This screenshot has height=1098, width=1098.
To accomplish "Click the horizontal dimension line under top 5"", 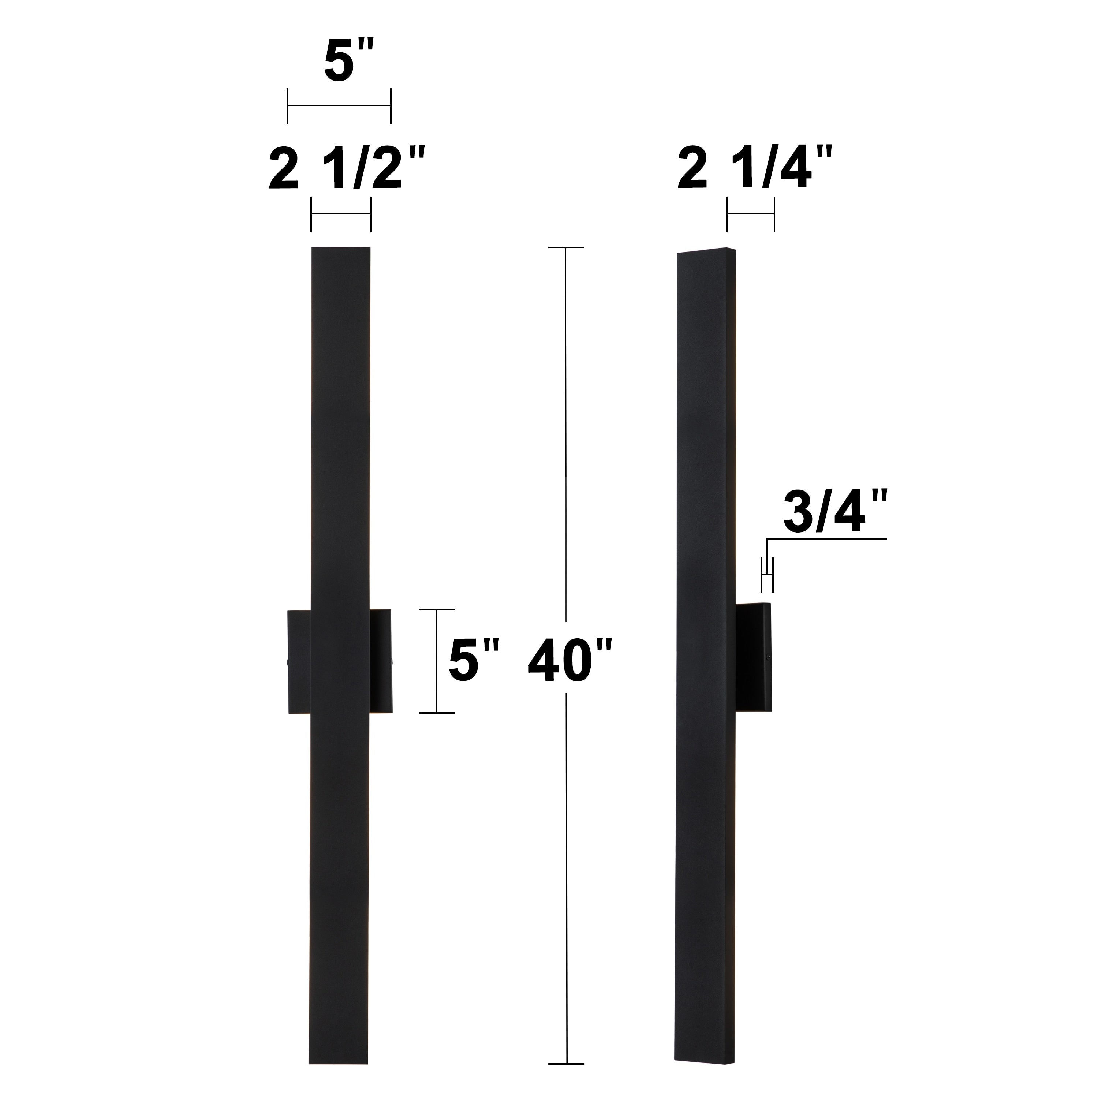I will [x=339, y=106].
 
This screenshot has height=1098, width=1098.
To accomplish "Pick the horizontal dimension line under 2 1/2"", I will [x=341, y=214].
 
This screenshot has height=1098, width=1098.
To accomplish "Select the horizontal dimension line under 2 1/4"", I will [x=750, y=214].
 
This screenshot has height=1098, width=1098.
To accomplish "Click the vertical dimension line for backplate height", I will [x=437, y=660].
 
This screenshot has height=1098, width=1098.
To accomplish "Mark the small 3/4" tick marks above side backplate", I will [x=767, y=575].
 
